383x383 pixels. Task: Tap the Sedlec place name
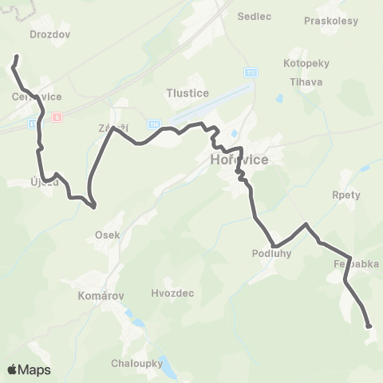tap(255, 15)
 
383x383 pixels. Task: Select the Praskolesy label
tap(331, 21)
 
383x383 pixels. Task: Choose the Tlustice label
tap(188, 93)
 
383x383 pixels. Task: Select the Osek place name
tap(107, 235)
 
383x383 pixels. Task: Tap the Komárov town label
tap(101, 295)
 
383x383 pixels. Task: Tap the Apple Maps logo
tap(29, 369)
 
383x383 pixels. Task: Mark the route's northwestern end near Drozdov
tap(17, 57)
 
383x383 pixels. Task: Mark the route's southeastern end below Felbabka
tap(369, 326)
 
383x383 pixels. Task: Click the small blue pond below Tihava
tap(279, 100)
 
